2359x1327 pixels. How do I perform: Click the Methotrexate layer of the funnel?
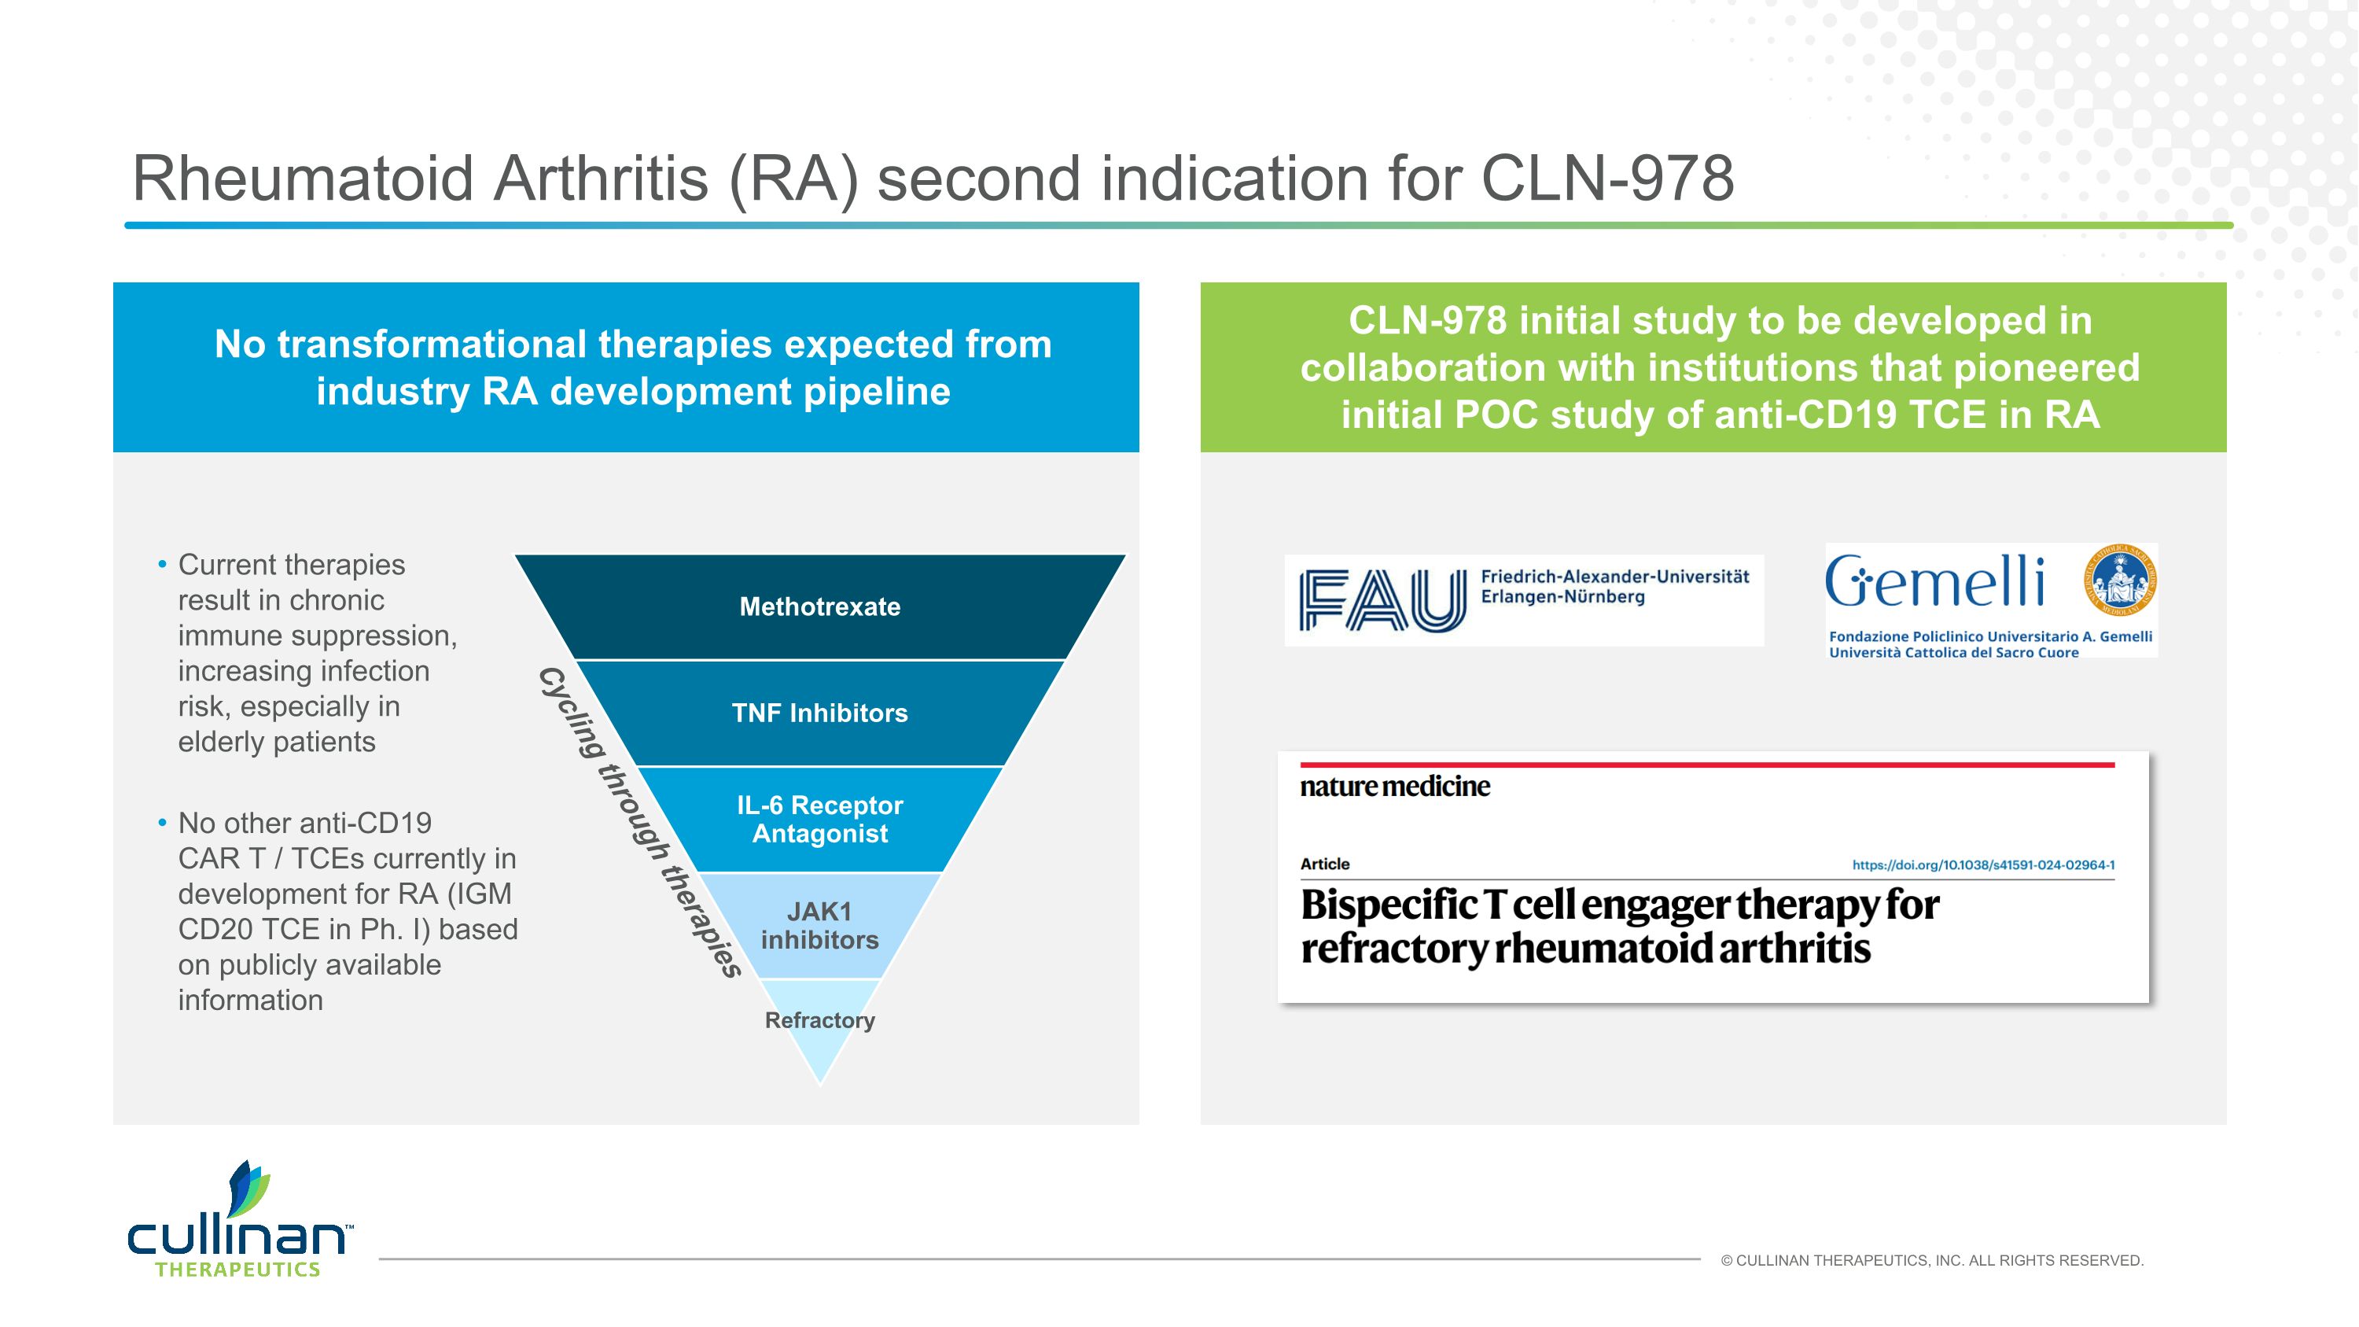coord(819,606)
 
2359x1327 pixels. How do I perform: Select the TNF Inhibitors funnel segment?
coord(819,713)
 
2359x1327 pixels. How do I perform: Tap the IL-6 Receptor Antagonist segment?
coord(819,819)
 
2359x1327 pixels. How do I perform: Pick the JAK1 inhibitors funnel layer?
coord(819,925)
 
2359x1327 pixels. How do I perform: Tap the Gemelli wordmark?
coord(1934,582)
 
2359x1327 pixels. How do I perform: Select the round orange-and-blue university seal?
coord(2121,581)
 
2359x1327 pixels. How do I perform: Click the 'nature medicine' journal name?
coord(1395,787)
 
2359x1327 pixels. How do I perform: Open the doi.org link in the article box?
coord(1982,864)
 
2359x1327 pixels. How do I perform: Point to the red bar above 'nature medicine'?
coord(1707,764)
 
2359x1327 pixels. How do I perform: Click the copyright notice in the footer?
coord(1931,1261)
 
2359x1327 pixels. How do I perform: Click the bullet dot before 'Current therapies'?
coord(162,565)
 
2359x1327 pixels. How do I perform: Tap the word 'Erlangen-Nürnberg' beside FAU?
coord(1562,597)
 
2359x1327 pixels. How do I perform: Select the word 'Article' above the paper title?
coord(1324,864)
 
